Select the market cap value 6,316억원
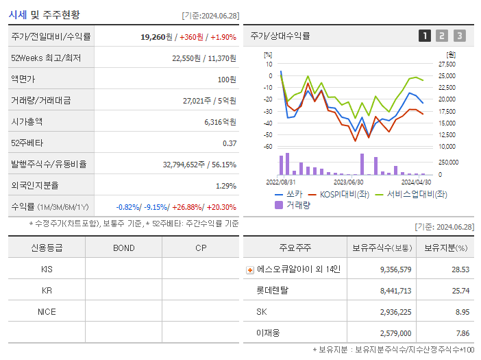220,121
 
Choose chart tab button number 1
425,36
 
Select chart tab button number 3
459,36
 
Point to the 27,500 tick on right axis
447,64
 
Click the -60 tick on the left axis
269,146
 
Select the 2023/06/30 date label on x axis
348,182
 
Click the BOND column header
123,248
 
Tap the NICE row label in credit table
47,311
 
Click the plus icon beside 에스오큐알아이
250,270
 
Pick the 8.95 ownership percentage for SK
462,311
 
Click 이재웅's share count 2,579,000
395,333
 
